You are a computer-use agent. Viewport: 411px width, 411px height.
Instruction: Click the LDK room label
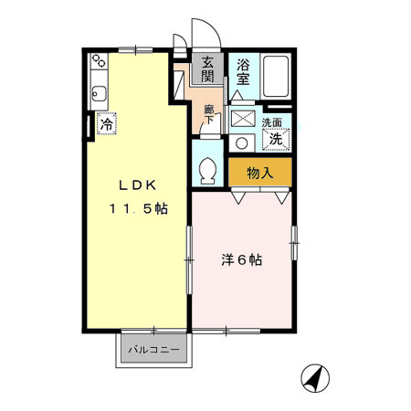coord(138,185)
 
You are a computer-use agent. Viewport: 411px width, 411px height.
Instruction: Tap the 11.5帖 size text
coord(139,209)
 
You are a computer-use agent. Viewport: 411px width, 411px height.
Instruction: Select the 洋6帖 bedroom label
coord(241,259)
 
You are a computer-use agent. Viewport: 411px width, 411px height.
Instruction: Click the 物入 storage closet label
coord(259,173)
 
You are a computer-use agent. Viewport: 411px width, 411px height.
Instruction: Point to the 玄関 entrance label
coord(207,69)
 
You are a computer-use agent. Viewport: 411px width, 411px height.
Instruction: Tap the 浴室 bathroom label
coord(243,72)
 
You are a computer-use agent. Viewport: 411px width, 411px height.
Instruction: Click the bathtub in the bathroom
coord(276,77)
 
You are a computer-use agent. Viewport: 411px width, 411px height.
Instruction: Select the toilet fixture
coord(208,171)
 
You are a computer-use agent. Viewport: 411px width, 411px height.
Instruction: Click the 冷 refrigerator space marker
coord(107,123)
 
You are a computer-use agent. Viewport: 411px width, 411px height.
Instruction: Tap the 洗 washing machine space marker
coord(276,140)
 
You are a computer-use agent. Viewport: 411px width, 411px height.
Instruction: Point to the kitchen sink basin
coord(100,94)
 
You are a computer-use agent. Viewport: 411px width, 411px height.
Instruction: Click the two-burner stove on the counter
coord(99,61)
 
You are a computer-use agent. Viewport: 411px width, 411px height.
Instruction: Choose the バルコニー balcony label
coord(153,350)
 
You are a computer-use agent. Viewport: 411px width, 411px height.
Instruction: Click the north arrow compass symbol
coord(315,378)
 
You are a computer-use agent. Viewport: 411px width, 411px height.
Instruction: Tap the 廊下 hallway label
coord(209,114)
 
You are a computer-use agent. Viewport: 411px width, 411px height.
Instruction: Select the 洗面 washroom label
coord(272,122)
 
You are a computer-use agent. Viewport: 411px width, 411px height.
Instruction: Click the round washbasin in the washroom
coord(241,143)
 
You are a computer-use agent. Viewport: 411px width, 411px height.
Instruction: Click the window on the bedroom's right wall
coord(294,243)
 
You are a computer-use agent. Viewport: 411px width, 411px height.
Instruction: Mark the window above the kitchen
coord(135,50)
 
